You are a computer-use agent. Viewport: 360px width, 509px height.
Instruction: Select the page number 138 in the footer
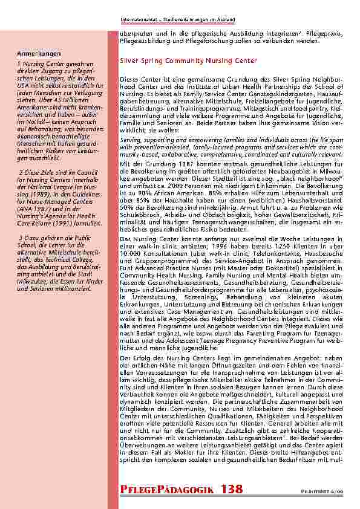coord(232,490)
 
